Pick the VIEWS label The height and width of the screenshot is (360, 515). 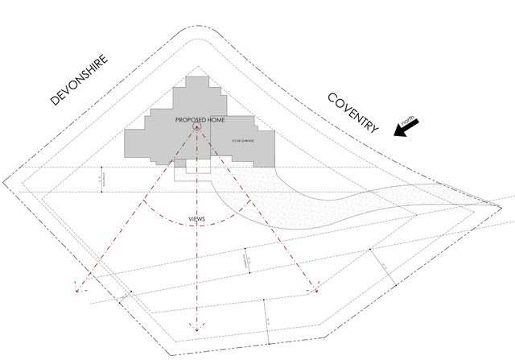pos(196,217)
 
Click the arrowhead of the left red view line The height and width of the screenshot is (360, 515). pos(76,286)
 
